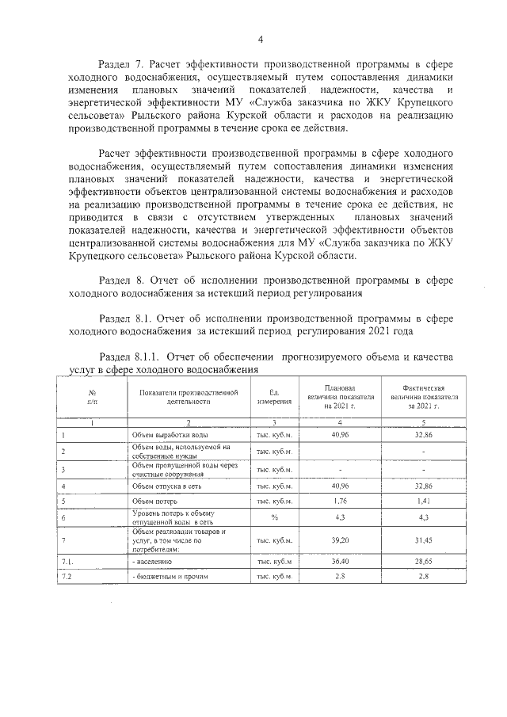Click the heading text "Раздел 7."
click(x=121, y=63)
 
